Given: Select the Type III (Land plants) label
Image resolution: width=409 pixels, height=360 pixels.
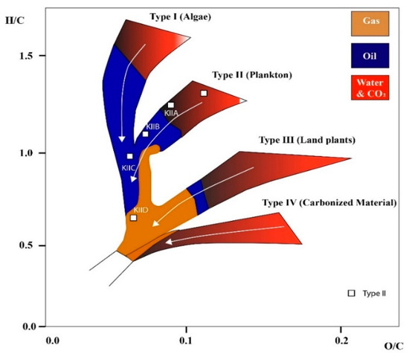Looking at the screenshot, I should coord(306,140).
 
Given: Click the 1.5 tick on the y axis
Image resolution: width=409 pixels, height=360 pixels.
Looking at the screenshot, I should coord(29,56).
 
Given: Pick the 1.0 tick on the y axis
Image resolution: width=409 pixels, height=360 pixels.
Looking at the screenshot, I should coord(29,152).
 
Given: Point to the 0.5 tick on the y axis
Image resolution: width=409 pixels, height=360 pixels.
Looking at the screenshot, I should coord(29,245).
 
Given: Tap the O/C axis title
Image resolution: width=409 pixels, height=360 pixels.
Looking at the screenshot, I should coord(393,346).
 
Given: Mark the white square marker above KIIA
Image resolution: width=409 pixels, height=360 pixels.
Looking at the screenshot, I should coord(171,105).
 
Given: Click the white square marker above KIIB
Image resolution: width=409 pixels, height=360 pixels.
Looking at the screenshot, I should coord(146,134).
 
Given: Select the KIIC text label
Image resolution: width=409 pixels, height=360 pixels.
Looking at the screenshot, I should coord(128,168).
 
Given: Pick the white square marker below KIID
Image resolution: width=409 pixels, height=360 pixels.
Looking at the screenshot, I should coord(134,218).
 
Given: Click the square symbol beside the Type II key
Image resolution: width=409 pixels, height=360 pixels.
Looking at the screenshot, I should coord(351,294).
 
